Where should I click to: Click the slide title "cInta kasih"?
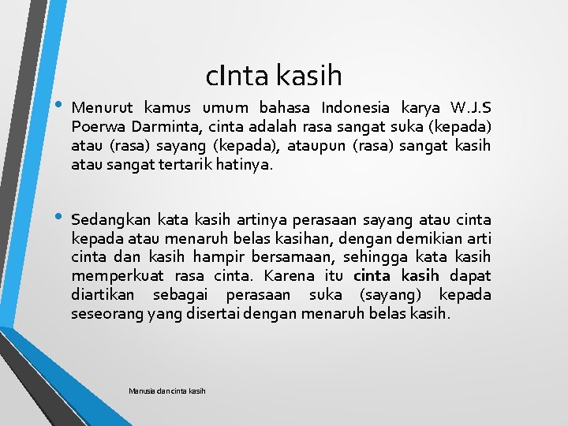click(x=274, y=76)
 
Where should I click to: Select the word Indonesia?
click(x=355, y=108)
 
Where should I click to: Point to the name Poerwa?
click(x=94, y=127)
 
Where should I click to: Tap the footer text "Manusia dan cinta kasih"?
click(x=166, y=390)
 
